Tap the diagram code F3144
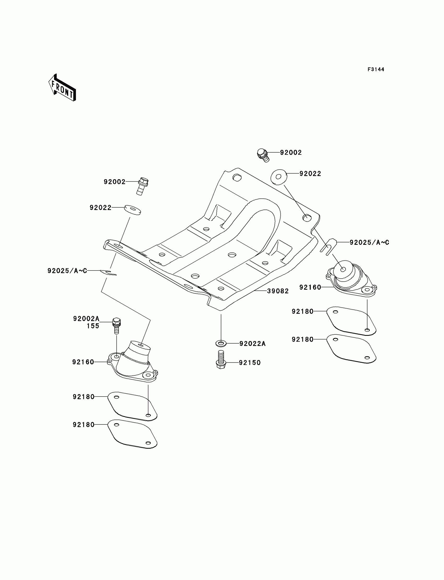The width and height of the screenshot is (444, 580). click(x=376, y=69)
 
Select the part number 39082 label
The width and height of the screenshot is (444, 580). click(x=278, y=291)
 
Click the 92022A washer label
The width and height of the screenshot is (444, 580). click(x=252, y=343)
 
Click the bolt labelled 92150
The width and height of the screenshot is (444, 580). click(x=221, y=359)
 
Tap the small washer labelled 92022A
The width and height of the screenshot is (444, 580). click(x=221, y=343)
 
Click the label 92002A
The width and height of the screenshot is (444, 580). click(x=86, y=319)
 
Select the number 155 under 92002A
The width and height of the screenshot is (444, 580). click(x=93, y=326)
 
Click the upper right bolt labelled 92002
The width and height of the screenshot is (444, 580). click(x=263, y=155)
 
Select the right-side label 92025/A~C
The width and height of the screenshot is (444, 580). click(x=369, y=242)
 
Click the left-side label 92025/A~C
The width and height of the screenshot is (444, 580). click(x=67, y=271)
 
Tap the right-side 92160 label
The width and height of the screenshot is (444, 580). click(x=310, y=287)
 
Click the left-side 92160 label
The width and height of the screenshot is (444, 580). click(x=83, y=362)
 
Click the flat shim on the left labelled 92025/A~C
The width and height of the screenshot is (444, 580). click(x=108, y=272)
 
